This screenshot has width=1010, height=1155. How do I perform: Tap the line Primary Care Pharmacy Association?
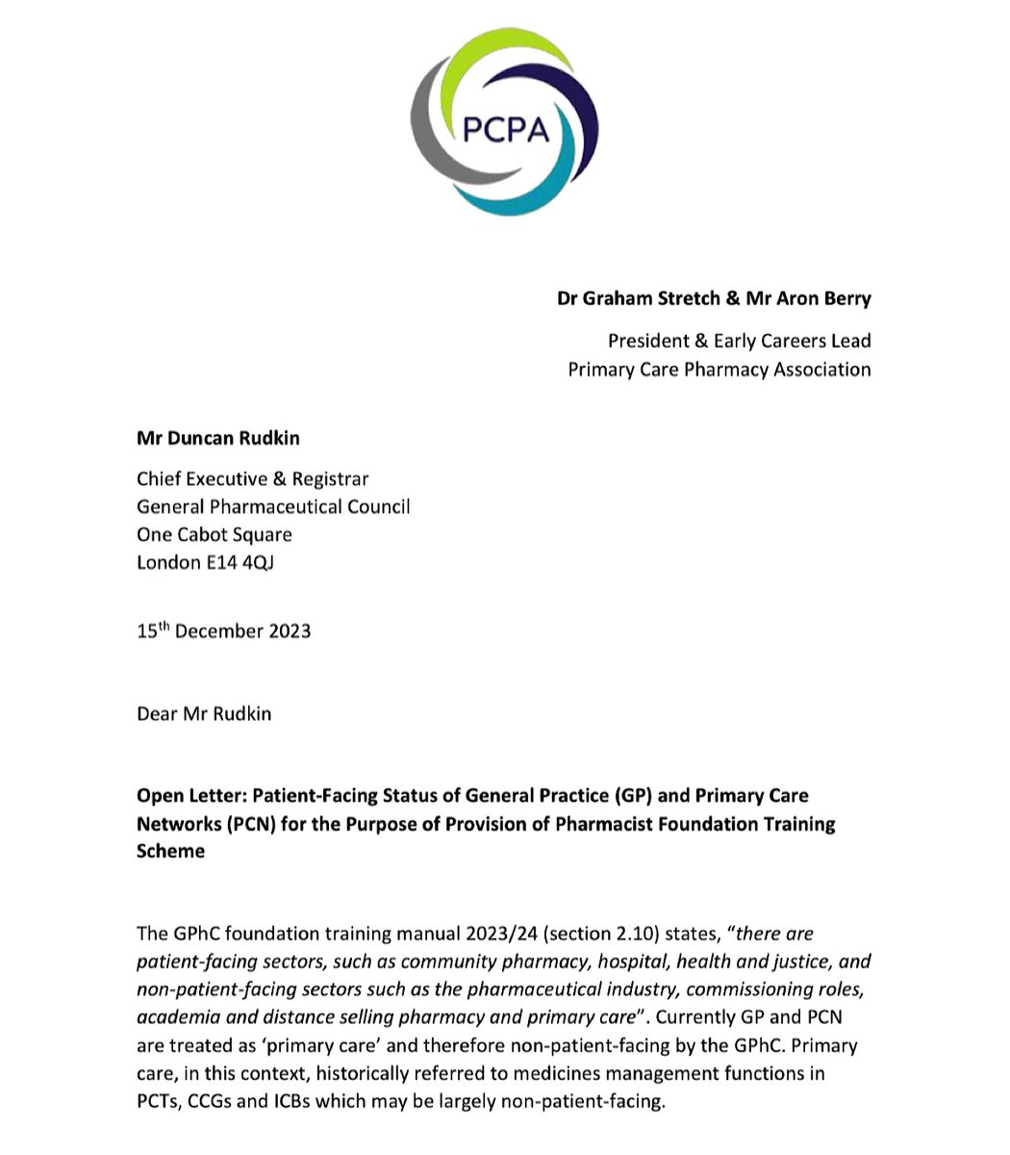point(719,370)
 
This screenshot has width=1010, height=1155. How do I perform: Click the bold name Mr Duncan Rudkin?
point(217,438)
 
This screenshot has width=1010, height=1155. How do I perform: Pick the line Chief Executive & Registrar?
point(252,479)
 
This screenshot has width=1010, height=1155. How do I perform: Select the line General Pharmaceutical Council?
point(273,506)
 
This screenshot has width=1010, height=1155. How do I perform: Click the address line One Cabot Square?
point(214,534)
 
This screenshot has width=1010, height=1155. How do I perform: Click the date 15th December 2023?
point(223,631)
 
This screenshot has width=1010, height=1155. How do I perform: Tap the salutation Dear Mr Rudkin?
point(203,714)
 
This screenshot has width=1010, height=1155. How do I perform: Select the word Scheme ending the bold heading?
point(170,851)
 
